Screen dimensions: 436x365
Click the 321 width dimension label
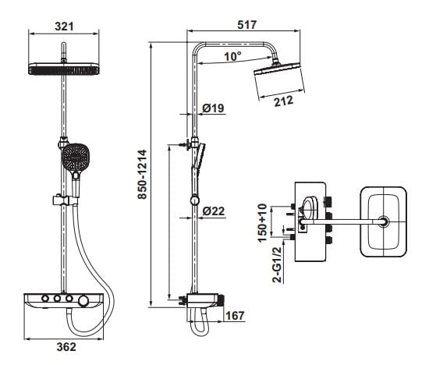click(64, 27)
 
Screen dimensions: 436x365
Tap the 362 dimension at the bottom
click(66, 346)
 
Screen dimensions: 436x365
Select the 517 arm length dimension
click(246, 25)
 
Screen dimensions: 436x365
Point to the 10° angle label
click(233, 56)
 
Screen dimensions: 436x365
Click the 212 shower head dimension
click(284, 101)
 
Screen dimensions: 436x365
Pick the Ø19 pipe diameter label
click(213, 108)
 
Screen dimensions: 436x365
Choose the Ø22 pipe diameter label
click(213, 211)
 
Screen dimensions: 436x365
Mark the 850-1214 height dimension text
click(143, 174)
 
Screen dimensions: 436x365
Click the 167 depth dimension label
click(235, 316)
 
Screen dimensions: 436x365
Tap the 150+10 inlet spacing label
click(262, 223)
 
